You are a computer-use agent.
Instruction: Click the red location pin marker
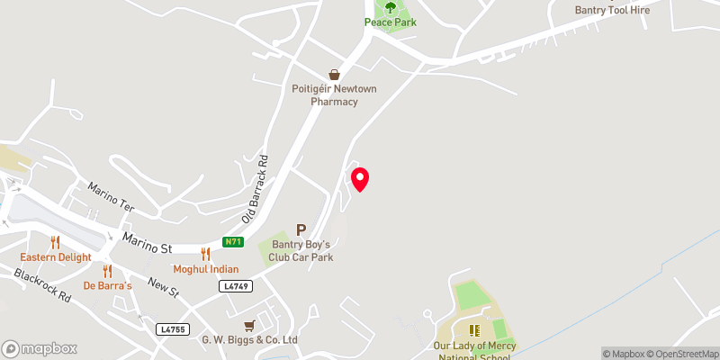[x=360, y=178]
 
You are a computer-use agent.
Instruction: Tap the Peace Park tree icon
[x=391, y=7]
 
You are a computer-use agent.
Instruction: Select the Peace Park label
[x=391, y=22]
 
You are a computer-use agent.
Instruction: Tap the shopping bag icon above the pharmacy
[x=335, y=75]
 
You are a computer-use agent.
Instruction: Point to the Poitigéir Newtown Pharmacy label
[x=335, y=95]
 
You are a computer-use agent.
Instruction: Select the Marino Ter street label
[x=111, y=197]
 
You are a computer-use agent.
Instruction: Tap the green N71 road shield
[x=233, y=241]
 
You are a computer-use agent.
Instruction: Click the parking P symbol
[x=301, y=230]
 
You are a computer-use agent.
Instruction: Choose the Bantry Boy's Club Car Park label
[x=303, y=251]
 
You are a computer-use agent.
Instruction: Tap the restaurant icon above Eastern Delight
[x=56, y=242]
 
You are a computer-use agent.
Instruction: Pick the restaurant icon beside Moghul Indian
[x=206, y=255]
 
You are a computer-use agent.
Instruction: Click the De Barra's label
[x=107, y=286]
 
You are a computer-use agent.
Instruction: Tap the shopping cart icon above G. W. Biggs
[x=249, y=324]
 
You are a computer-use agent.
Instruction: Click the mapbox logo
[x=40, y=348]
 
